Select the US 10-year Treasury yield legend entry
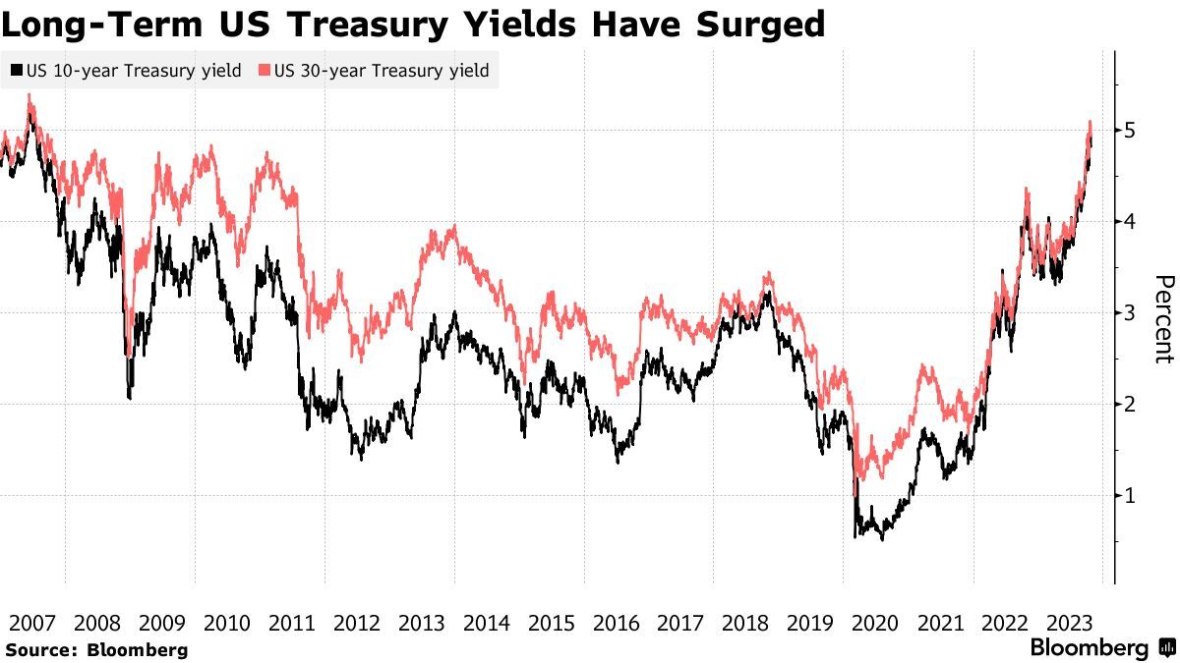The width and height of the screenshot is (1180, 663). (125, 71)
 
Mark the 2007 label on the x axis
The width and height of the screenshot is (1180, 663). (32, 623)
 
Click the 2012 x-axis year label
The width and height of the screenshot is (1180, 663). (357, 623)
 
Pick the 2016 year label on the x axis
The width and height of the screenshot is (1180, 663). (616, 623)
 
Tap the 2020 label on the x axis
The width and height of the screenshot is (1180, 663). (875, 623)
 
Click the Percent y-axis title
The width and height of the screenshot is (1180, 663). (1164, 319)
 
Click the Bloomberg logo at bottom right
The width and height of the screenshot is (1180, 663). (1099, 648)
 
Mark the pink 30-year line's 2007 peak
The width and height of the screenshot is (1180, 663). (29, 95)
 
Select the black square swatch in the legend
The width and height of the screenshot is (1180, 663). (16, 71)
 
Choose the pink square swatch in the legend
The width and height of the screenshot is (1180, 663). (265, 71)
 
